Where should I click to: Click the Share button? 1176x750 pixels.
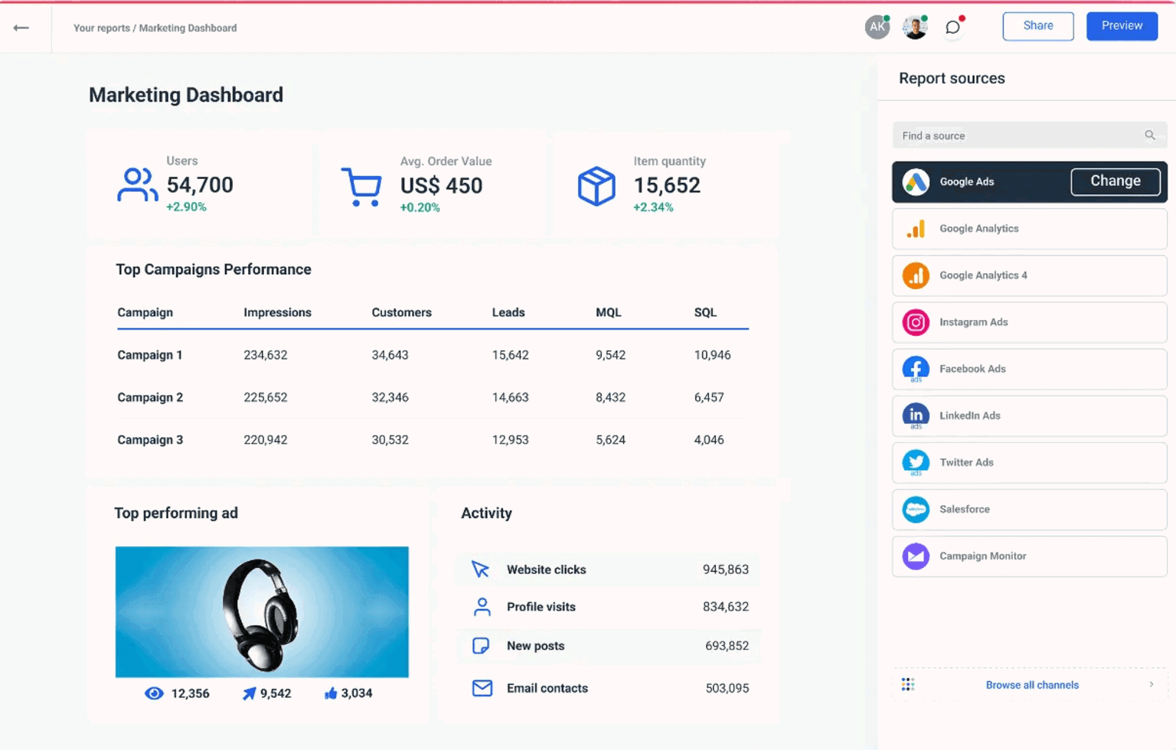pyautogui.click(x=1037, y=26)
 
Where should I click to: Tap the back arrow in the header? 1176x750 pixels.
pyautogui.click(x=21, y=28)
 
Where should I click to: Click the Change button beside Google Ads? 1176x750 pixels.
pyautogui.click(x=1115, y=181)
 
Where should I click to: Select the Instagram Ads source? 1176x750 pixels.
pyautogui.click(x=1028, y=322)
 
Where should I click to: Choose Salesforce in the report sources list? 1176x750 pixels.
pyautogui.click(x=1028, y=509)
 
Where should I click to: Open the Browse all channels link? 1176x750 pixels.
pyautogui.click(x=1031, y=685)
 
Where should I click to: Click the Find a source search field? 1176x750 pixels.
pyautogui.click(x=1018, y=135)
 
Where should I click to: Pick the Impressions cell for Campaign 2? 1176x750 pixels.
pyautogui.click(x=265, y=397)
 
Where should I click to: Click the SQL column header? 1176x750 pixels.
pyautogui.click(x=704, y=312)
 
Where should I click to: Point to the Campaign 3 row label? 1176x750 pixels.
pyautogui.click(x=150, y=440)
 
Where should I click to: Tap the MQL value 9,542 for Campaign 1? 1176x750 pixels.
pyautogui.click(x=610, y=355)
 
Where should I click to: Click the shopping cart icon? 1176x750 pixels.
pyautogui.click(x=361, y=186)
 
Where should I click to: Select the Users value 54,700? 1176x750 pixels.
pyautogui.click(x=200, y=185)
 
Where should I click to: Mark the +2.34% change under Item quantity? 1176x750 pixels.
pyautogui.click(x=652, y=207)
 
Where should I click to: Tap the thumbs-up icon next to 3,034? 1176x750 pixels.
pyautogui.click(x=331, y=693)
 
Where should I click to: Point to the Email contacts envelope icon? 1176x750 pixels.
pyautogui.click(x=482, y=688)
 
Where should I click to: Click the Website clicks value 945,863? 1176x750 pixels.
pyautogui.click(x=725, y=569)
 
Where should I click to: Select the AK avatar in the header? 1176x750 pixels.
pyautogui.click(x=877, y=28)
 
